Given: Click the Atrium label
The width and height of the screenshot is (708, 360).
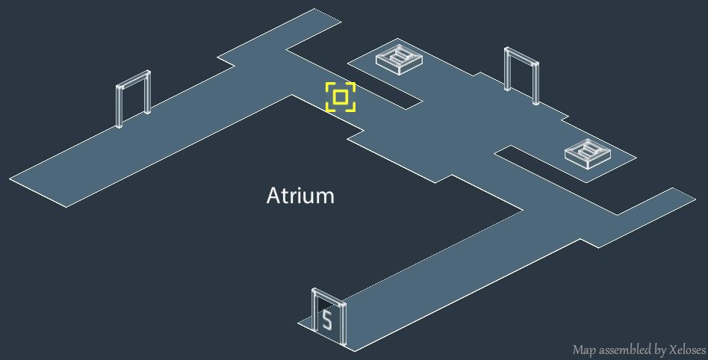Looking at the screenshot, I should tap(300, 196).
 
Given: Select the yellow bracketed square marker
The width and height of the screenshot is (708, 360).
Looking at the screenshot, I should tap(341, 97).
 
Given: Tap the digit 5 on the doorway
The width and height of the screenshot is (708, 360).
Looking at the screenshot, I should tap(326, 320).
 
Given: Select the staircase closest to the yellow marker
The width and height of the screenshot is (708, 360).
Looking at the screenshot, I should tap(398, 59).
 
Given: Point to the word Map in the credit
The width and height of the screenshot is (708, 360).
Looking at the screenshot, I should tap(583, 350).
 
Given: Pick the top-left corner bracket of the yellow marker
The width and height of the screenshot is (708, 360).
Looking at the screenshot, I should tap(329, 86).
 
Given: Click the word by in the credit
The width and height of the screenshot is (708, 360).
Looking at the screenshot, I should tap(655, 350).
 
